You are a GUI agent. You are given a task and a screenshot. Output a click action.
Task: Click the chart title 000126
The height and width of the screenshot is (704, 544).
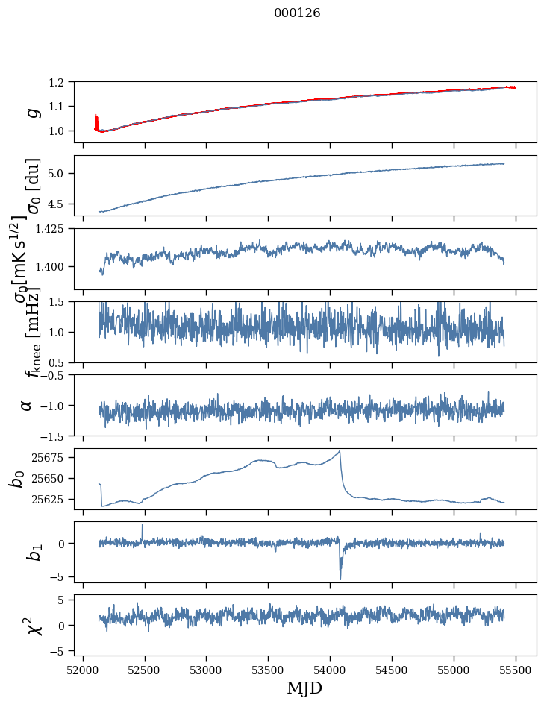(x=297, y=13)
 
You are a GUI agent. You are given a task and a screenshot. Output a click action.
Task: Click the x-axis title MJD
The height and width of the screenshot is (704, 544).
(x=304, y=688)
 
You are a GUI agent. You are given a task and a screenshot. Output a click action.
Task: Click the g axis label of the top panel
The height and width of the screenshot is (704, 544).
(x=32, y=112)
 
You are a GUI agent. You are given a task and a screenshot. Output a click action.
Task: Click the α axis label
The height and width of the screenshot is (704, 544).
(x=27, y=405)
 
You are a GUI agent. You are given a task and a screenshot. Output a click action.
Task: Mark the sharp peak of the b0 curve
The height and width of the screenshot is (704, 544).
(x=340, y=451)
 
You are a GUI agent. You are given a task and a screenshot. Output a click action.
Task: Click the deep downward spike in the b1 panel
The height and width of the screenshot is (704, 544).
(x=340, y=578)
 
